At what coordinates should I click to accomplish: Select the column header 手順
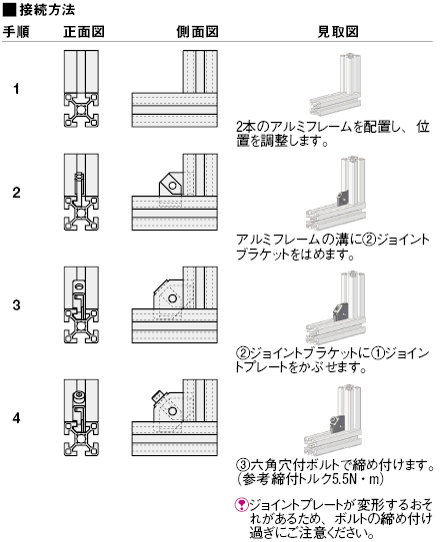16,31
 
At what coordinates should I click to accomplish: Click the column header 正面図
82,31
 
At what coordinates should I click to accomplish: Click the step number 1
16,90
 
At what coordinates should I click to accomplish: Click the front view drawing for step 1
81,90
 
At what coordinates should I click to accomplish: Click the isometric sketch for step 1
334,85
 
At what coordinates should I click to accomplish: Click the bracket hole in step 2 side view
171,185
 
